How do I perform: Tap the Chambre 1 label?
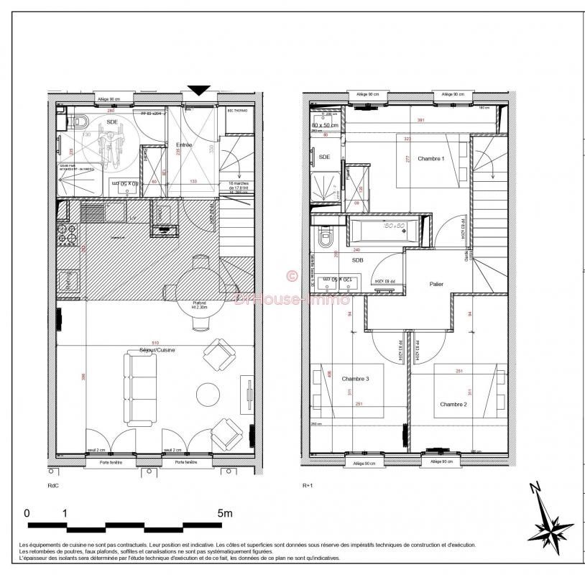pyautogui.click(x=431, y=159)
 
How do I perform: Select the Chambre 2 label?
pyautogui.click(x=453, y=403)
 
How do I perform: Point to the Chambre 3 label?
pyautogui.click(x=355, y=379)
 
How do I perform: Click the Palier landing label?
pyautogui.click(x=436, y=284)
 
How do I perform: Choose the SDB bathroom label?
pyautogui.click(x=357, y=260)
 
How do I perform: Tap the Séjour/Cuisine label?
pyautogui.click(x=157, y=350)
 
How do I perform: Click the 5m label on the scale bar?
pyautogui.click(x=224, y=513)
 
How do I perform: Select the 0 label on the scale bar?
pyautogui.click(x=27, y=513)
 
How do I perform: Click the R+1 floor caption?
pyautogui.click(x=308, y=486)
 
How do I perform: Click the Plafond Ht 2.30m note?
pyautogui.click(x=198, y=305)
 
